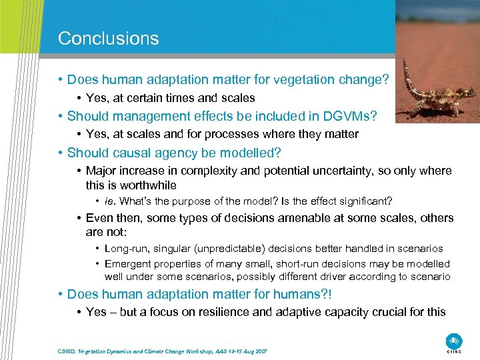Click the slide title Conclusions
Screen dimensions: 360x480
[108, 38]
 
